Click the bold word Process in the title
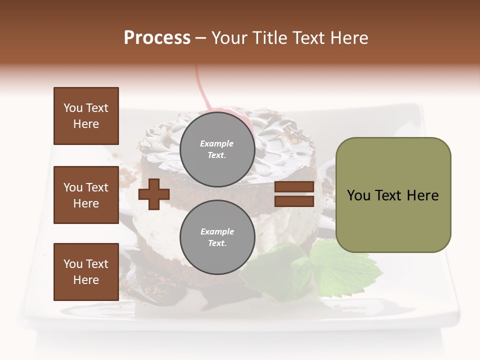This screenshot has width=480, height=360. point(157,38)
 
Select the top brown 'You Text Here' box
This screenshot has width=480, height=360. point(86,116)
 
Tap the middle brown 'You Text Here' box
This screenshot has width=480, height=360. point(86,195)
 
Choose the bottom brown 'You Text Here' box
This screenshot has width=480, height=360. point(86,272)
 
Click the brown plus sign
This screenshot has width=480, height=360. point(154,194)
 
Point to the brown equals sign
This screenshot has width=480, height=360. point(294,194)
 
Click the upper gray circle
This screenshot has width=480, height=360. point(217,149)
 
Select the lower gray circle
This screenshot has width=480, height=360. point(217,237)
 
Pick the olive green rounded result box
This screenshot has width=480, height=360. point(393,195)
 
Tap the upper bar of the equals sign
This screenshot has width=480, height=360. point(294,187)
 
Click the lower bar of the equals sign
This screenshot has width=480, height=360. point(294,201)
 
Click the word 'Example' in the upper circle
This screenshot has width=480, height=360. point(217,143)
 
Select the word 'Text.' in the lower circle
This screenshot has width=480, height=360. point(217,243)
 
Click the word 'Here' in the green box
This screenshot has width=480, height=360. point(422,195)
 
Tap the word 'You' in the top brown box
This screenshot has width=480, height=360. point(73,108)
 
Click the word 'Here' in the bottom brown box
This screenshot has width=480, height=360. point(86,280)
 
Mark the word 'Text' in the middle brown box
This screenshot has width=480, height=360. point(96,187)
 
